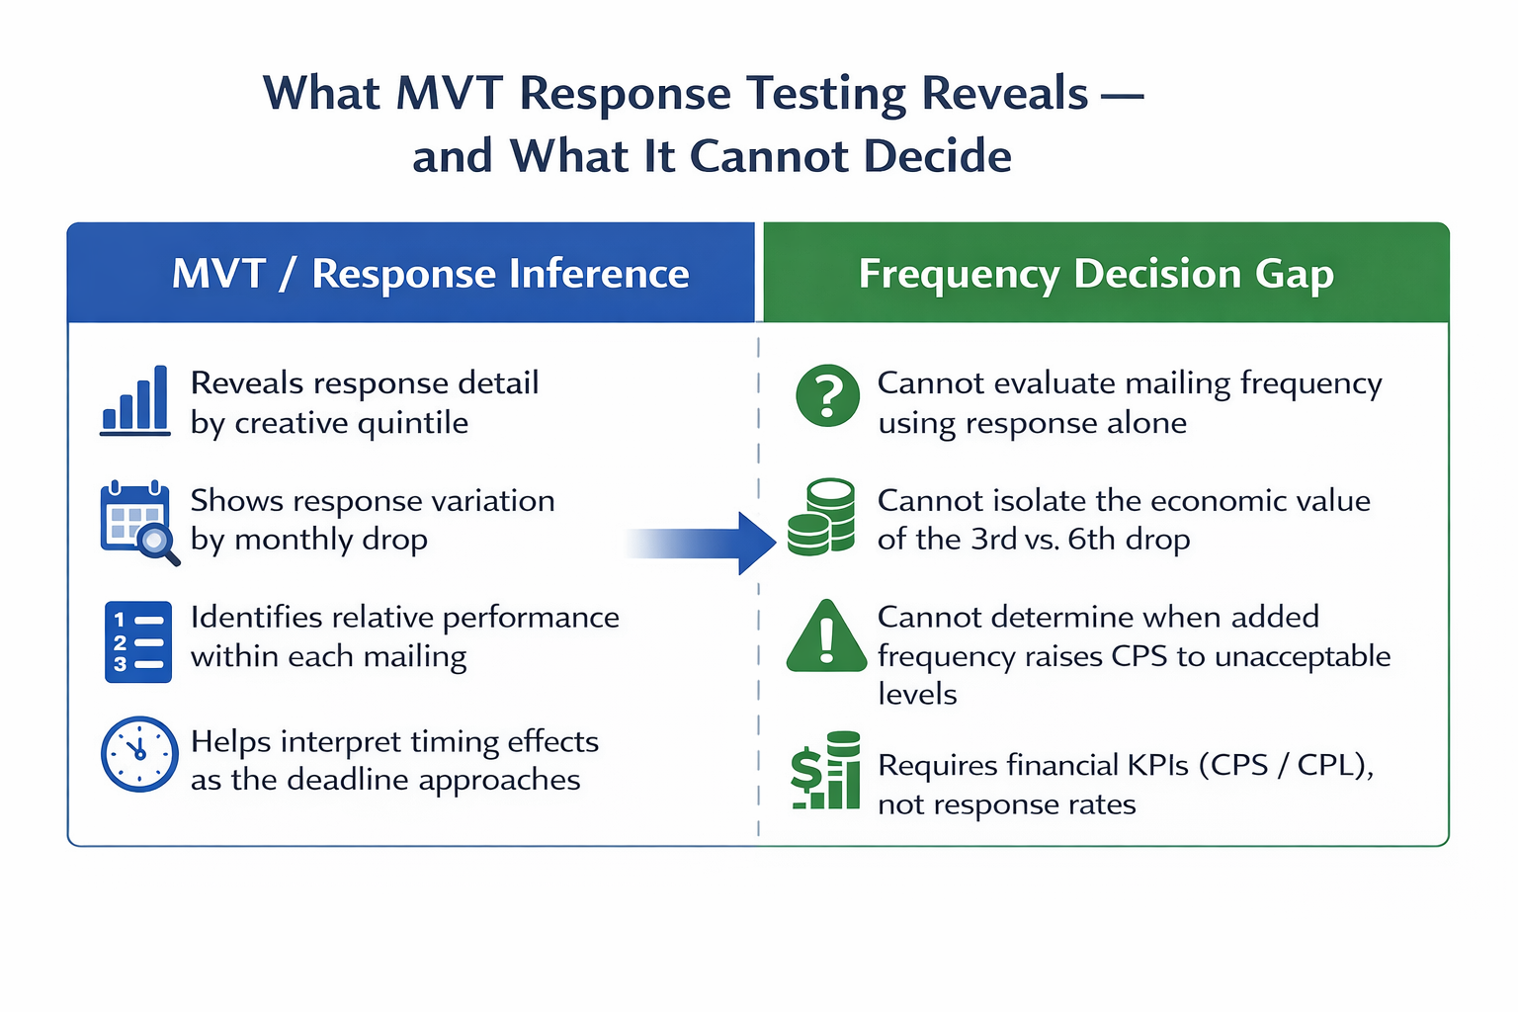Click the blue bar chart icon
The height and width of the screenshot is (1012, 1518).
tap(135, 400)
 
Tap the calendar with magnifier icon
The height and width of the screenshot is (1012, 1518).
tap(138, 522)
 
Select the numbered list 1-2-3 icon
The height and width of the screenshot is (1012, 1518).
tap(138, 641)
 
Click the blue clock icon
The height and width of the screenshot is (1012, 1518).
tap(138, 753)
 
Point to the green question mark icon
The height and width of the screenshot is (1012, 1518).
tap(827, 395)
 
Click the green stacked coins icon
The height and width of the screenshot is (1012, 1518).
tap(821, 517)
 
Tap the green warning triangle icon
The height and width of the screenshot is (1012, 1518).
tap(826, 637)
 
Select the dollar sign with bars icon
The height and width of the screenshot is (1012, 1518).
tap(825, 772)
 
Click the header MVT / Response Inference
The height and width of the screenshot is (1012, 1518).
tap(430, 274)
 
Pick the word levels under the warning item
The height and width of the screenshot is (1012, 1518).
tap(917, 694)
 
